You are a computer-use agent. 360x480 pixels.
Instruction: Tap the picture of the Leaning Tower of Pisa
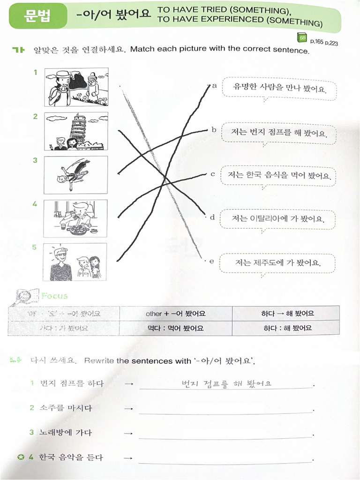(x=76, y=131)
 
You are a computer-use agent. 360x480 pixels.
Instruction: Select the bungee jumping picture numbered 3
(x=76, y=175)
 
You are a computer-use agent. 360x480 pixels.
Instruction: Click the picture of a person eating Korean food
(x=76, y=218)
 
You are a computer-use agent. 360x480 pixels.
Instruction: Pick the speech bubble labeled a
(x=279, y=89)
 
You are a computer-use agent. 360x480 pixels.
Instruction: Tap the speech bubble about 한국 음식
(x=279, y=176)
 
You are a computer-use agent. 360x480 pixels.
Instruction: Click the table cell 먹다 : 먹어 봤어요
(x=175, y=328)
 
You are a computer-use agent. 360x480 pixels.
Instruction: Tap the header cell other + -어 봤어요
(x=175, y=313)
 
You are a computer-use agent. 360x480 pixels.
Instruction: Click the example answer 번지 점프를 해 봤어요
(x=226, y=383)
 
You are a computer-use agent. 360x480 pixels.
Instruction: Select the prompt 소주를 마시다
(x=66, y=408)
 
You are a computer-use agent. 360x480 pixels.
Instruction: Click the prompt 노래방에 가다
(x=66, y=432)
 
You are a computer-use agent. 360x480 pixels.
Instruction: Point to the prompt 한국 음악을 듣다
(x=71, y=457)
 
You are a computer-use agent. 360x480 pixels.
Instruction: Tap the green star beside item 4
(x=20, y=457)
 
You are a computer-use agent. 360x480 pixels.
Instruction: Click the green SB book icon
(x=301, y=38)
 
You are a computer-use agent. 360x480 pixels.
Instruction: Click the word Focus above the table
(x=54, y=296)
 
